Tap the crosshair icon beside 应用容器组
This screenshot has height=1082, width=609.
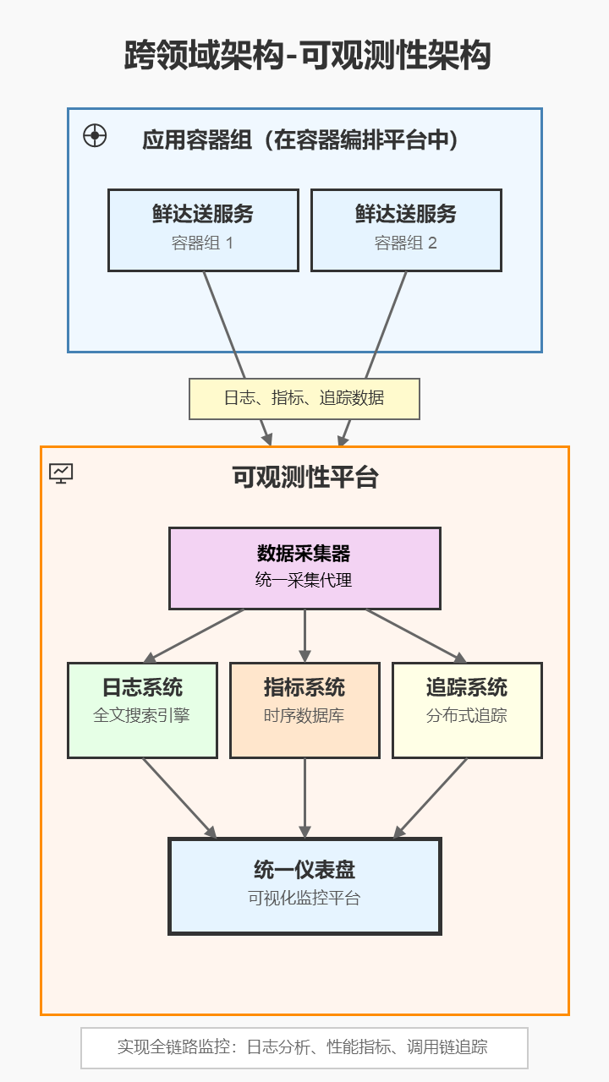95,135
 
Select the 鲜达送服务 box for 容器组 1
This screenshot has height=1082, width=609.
203,230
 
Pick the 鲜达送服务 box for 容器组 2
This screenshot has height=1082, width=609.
406,230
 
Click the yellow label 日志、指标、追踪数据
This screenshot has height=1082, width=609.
304,398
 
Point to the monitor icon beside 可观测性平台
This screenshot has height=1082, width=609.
61,473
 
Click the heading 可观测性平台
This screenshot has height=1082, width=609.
304,478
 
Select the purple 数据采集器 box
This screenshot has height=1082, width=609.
304,568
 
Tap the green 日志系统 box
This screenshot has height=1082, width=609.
142,710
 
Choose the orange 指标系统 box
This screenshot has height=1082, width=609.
304,710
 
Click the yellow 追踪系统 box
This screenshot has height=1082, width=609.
467,710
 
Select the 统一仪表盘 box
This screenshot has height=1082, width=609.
304,885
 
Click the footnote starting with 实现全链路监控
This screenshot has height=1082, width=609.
304,1047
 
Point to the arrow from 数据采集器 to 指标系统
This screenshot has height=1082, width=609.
304,636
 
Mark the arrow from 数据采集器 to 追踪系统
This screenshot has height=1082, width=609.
414,636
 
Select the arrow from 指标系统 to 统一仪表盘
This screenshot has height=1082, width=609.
304,798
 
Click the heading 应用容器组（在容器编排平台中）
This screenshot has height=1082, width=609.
300,139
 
